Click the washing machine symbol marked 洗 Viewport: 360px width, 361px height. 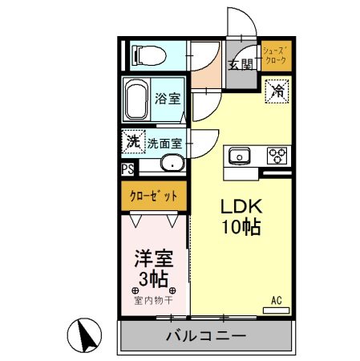coord(132,142)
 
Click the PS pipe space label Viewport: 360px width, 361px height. coord(127,168)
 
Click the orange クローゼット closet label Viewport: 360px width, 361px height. coord(154,195)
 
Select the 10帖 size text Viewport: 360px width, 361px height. coord(241,227)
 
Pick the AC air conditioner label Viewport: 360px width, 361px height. coord(277,300)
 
